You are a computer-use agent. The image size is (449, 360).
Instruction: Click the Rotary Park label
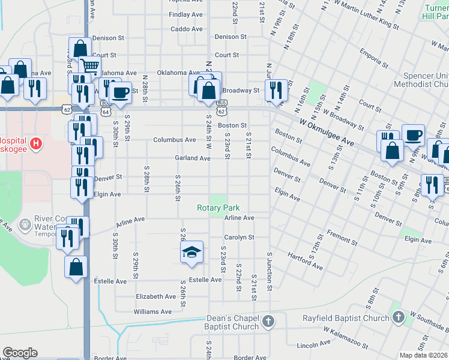(218, 208)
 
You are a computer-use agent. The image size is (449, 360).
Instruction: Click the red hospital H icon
(36, 144)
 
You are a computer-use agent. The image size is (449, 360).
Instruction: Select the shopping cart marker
(89, 65)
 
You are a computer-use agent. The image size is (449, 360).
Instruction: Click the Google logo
(20, 353)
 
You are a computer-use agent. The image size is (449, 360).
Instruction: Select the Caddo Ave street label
(185, 29)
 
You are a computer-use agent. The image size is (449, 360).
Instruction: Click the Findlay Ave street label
(185, 14)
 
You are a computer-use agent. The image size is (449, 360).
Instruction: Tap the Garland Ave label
(192, 158)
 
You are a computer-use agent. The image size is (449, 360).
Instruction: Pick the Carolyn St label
(240, 238)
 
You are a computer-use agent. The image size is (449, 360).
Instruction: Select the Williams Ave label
(152, 312)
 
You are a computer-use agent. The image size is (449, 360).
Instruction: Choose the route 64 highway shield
(106, 112)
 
